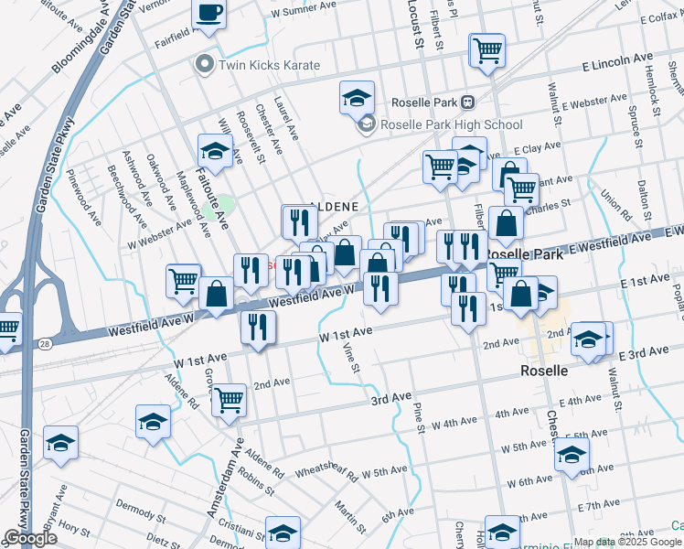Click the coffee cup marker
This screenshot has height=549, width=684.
[209, 14]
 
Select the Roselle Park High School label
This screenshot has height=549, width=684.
[451, 124]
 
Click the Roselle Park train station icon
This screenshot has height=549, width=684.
[468, 102]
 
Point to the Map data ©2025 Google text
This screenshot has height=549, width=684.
[628, 542]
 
